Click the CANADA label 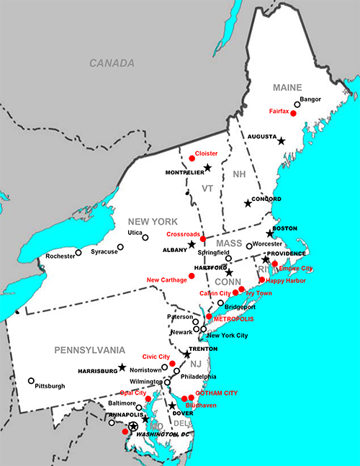point(112,63)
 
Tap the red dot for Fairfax point(293,114)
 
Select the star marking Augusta point(282,141)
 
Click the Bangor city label point(310,99)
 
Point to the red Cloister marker point(192,158)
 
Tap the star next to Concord point(248,204)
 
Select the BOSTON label point(284,228)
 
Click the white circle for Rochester point(78,252)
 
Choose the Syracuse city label point(104,251)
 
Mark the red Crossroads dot point(203,238)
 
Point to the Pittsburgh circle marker point(31,381)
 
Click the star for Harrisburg point(122,367)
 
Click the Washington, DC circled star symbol point(132,426)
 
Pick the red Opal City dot point(148,398)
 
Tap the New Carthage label point(167,279)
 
